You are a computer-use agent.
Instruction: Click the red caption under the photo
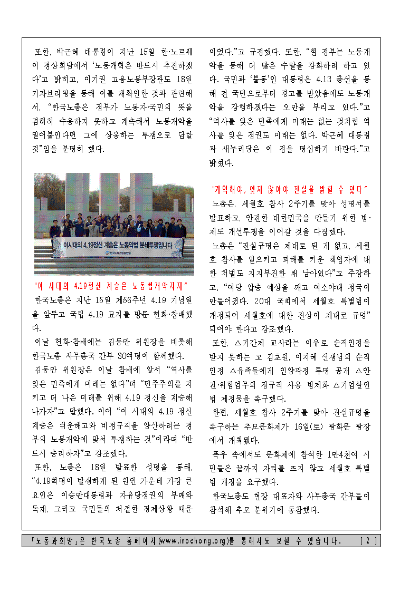pos(111,286)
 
